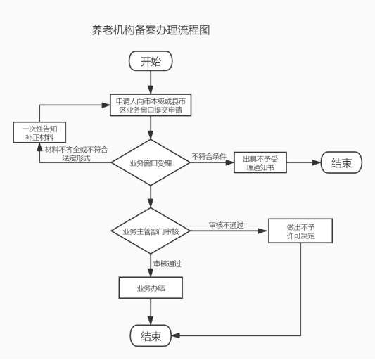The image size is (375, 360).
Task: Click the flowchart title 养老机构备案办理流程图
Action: point(151,30)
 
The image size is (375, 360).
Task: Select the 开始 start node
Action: point(151,61)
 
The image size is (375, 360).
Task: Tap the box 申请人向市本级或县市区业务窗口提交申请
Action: point(151,105)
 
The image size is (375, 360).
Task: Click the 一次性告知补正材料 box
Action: point(39,132)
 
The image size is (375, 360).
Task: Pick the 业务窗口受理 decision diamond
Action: point(151,162)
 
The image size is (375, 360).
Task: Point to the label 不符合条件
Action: point(209,156)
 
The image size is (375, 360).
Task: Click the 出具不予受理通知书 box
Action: point(260,162)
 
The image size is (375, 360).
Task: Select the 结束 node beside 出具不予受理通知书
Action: point(341,162)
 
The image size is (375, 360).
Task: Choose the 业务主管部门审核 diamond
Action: point(151,231)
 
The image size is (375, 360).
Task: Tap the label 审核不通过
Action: point(227,225)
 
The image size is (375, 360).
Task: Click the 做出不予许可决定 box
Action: point(300,231)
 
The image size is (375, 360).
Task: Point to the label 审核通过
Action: point(167,264)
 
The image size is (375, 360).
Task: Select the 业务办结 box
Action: point(151,288)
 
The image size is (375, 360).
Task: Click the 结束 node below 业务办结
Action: point(151,335)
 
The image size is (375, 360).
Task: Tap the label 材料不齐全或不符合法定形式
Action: point(77,154)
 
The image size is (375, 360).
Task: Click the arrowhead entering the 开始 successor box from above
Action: point(151,90)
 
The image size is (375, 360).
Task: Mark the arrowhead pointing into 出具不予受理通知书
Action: point(229,162)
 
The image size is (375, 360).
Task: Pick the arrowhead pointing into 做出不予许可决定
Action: point(262,231)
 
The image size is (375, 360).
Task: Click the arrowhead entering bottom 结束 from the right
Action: point(176,335)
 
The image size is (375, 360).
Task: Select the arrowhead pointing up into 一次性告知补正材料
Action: point(39,147)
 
